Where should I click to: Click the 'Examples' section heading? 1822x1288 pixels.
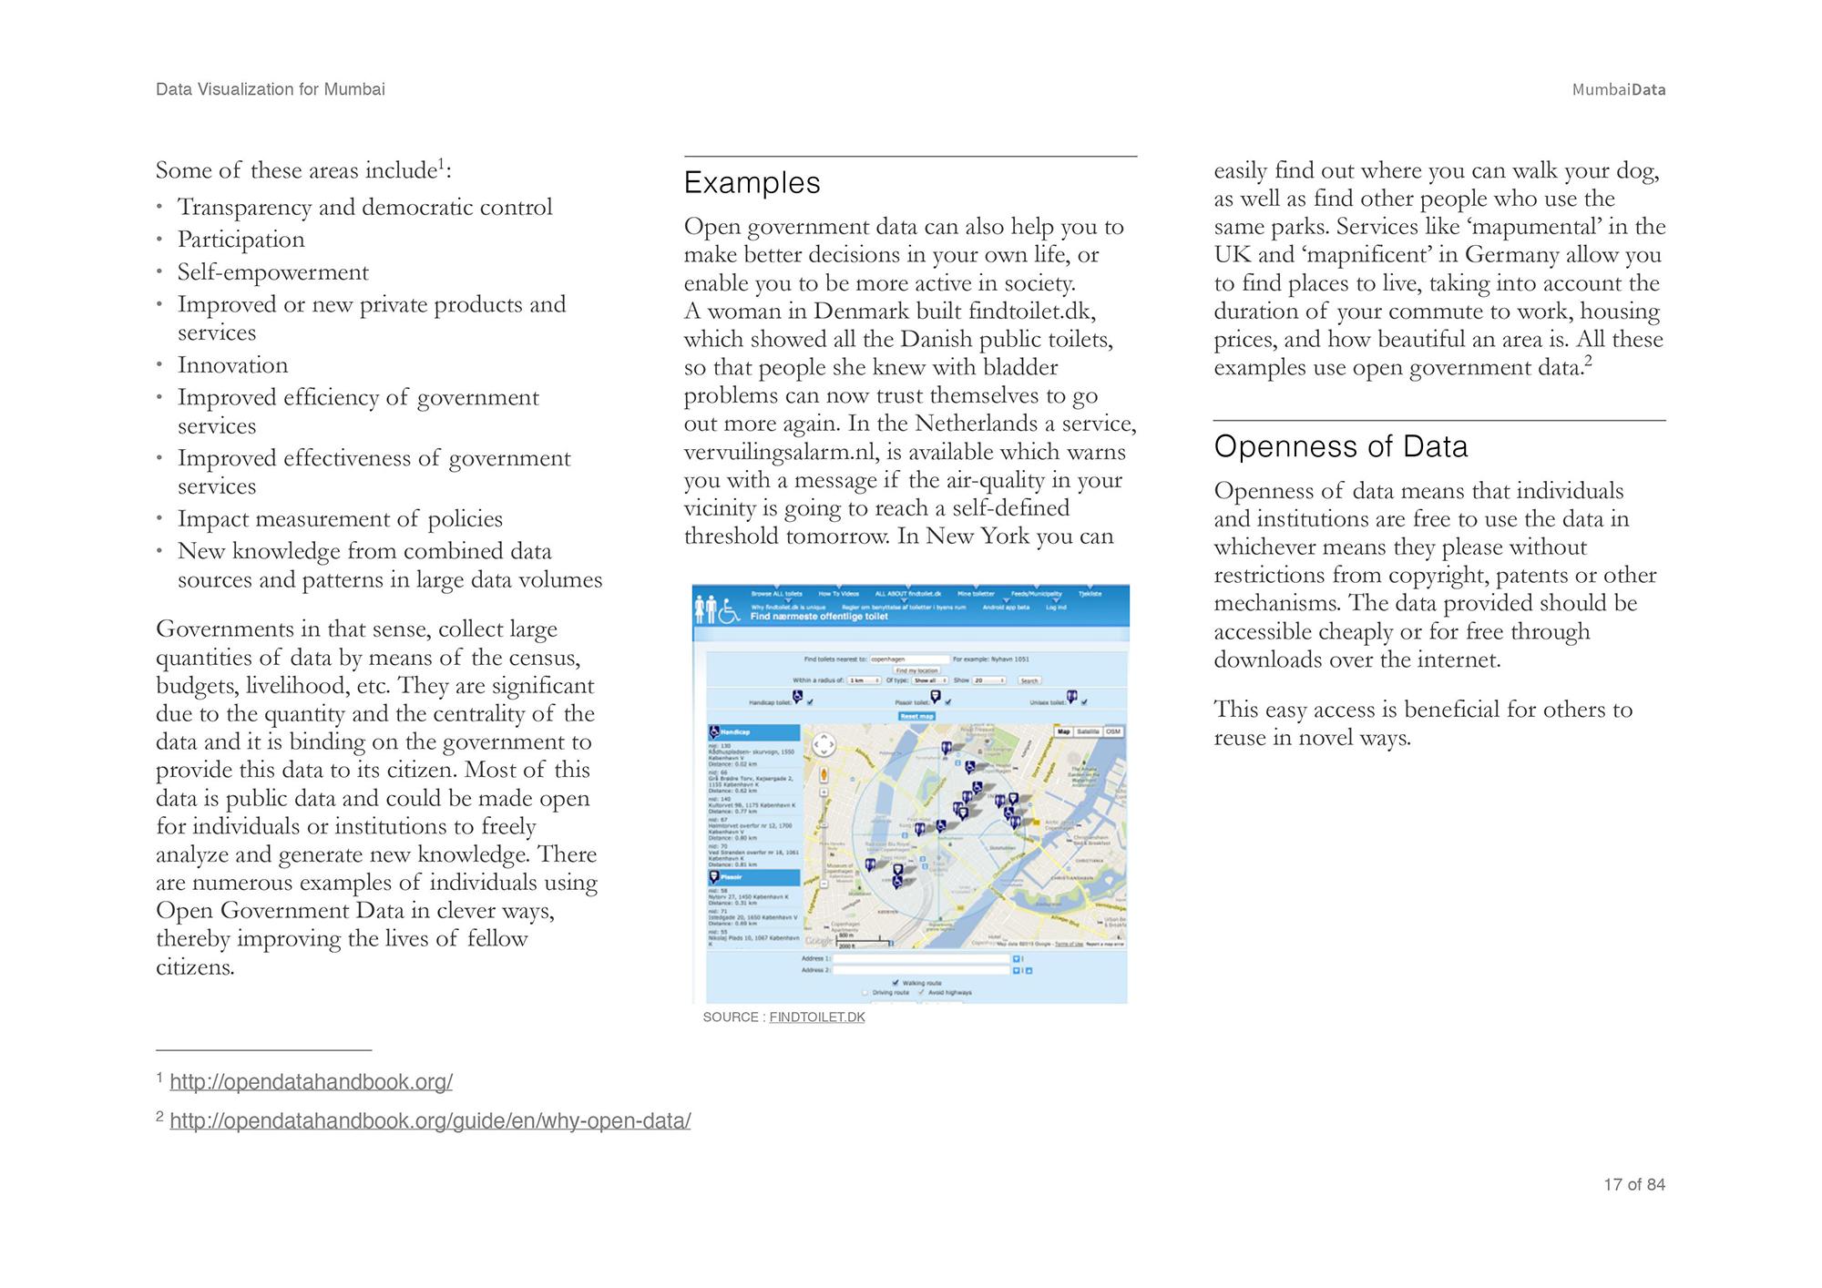(752, 183)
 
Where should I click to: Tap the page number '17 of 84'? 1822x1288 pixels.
(1633, 1184)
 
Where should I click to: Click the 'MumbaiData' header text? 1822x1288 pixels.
(1618, 89)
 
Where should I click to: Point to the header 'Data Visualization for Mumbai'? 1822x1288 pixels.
(270, 89)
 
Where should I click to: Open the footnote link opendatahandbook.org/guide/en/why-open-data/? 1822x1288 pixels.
(430, 1121)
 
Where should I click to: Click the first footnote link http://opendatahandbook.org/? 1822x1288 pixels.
(311, 1082)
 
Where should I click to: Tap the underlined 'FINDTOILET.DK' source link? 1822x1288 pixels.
(816, 1017)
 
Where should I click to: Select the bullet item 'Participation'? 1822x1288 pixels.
(241, 240)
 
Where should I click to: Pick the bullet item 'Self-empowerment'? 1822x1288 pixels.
(272, 272)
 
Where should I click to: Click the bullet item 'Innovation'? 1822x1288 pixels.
(232, 365)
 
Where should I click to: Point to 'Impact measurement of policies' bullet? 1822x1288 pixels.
(340, 519)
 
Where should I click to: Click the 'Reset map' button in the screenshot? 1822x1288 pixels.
(917, 716)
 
